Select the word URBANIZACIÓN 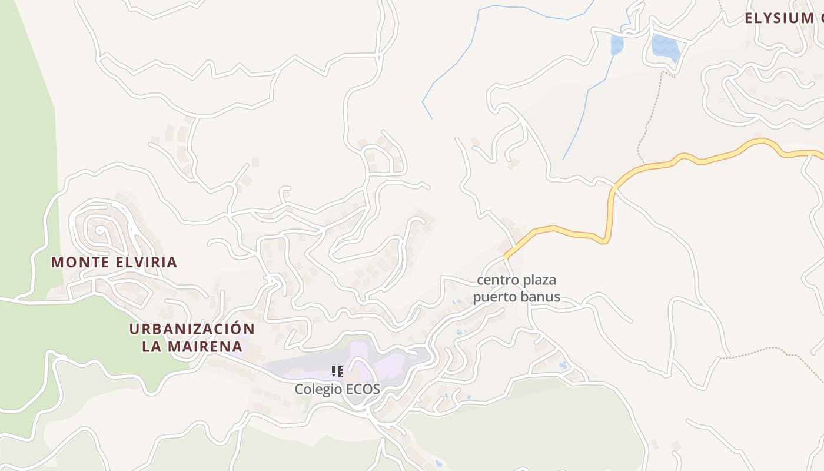(x=192, y=329)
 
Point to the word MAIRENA (x=205, y=346)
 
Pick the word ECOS (x=364, y=389)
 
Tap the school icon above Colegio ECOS (x=337, y=371)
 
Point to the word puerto (x=493, y=297)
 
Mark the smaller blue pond (x=616, y=45)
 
